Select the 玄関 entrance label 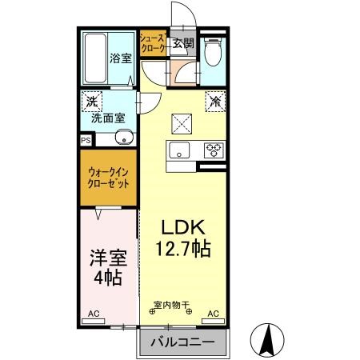pos(182,44)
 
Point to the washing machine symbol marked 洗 pos(92,102)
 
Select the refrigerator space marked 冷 pos(215,102)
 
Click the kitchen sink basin pos(178,149)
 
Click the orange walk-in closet pos(109,177)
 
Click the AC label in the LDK pos(214,314)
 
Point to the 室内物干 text pos(170,304)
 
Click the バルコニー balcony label pos(184,342)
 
